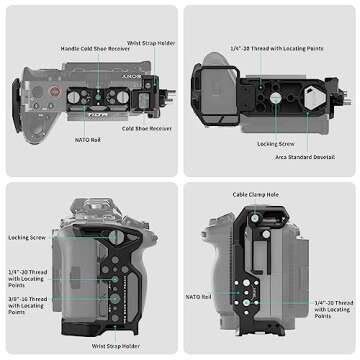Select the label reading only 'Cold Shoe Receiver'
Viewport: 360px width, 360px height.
pos(142,129)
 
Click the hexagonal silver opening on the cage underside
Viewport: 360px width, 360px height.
pos(309,99)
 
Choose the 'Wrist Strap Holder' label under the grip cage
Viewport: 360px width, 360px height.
pos(115,345)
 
